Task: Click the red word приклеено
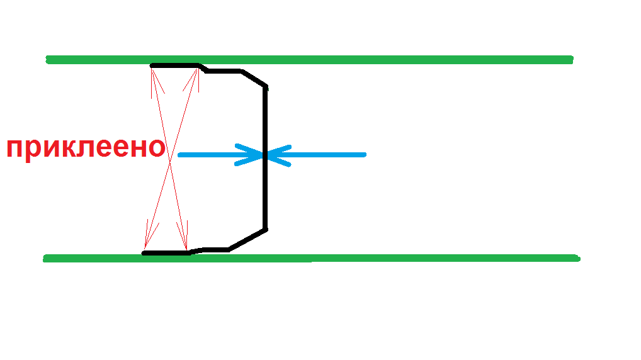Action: pyautogui.click(x=86, y=149)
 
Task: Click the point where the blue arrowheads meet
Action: pyautogui.click(x=265, y=154)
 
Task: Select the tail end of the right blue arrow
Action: pyautogui.click(x=364, y=154)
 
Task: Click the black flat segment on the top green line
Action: pyautogui.click(x=175, y=65)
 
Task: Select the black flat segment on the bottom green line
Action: pyautogui.click(x=166, y=253)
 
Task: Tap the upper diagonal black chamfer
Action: pyautogui.click(x=254, y=79)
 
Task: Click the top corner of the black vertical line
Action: pyautogui.click(x=266, y=87)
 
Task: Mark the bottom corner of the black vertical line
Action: pyautogui.click(x=266, y=229)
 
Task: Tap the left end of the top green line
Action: pyautogui.click(x=48, y=60)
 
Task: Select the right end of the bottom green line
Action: pyautogui.click(x=576, y=257)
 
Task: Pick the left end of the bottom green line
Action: pyautogui.click(x=46, y=258)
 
